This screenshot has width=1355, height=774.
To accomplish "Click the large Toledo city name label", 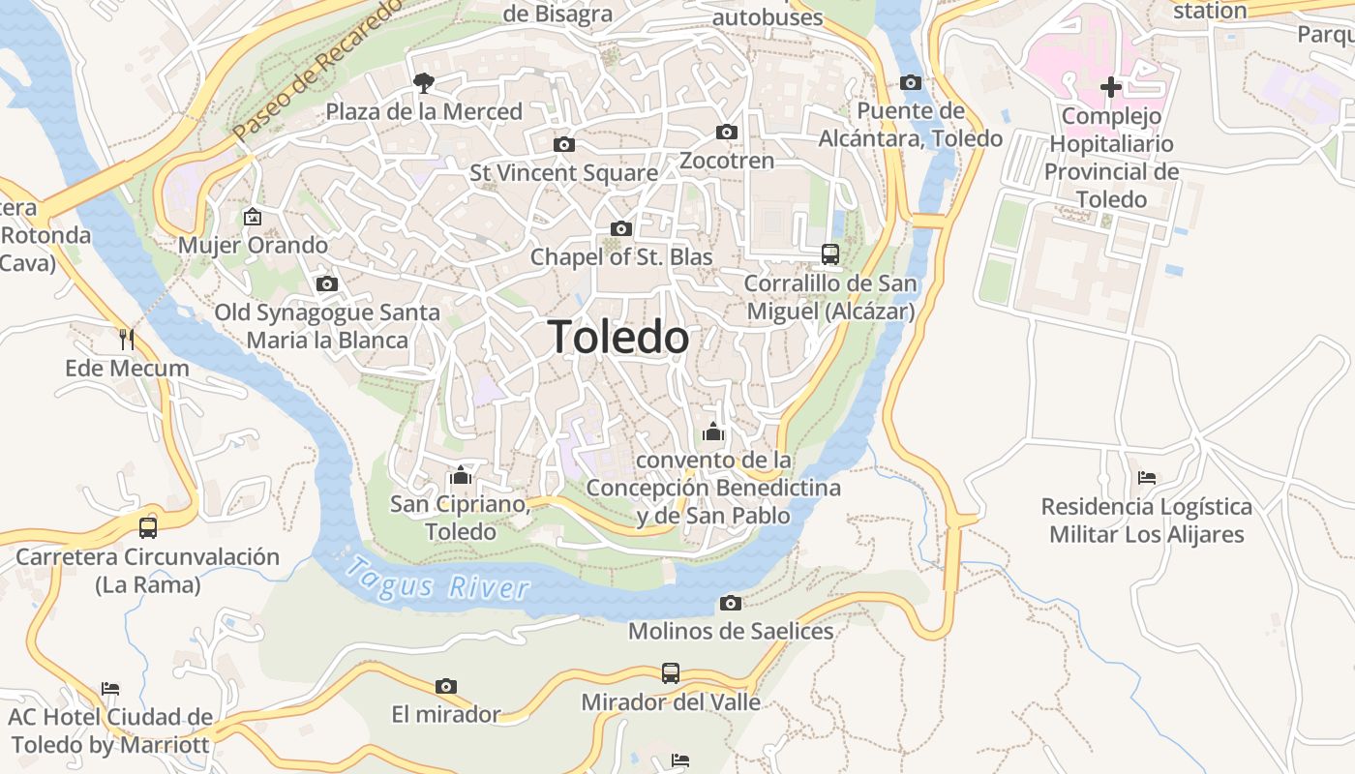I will click(618, 337).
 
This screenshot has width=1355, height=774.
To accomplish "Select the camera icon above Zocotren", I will click(727, 132).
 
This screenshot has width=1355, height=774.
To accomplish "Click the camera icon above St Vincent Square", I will click(563, 144).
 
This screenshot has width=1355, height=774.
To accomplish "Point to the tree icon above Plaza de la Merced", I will click(423, 83).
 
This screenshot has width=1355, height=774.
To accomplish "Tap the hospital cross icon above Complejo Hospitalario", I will click(1111, 87).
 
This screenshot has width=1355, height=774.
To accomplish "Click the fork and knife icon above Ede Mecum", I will click(127, 339).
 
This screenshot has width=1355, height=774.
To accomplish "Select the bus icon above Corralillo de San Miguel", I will click(830, 254).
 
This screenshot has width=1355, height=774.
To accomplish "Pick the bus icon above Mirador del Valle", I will click(671, 672).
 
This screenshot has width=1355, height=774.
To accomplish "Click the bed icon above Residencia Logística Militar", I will click(1147, 478).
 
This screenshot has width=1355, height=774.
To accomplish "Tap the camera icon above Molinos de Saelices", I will click(731, 603).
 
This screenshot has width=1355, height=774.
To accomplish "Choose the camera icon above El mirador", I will click(445, 686).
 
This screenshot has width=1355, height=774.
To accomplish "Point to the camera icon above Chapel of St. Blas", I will click(621, 228).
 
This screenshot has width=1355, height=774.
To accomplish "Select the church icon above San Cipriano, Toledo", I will click(461, 475).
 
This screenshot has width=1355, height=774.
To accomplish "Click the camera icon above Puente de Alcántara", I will click(911, 82).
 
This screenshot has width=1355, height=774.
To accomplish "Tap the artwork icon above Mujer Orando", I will click(253, 216).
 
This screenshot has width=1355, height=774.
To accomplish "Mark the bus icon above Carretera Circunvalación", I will click(148, 527).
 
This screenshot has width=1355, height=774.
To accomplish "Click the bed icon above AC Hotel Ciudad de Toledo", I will click(110, 689).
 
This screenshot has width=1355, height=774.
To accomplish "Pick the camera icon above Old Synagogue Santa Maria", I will click(327, 283).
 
